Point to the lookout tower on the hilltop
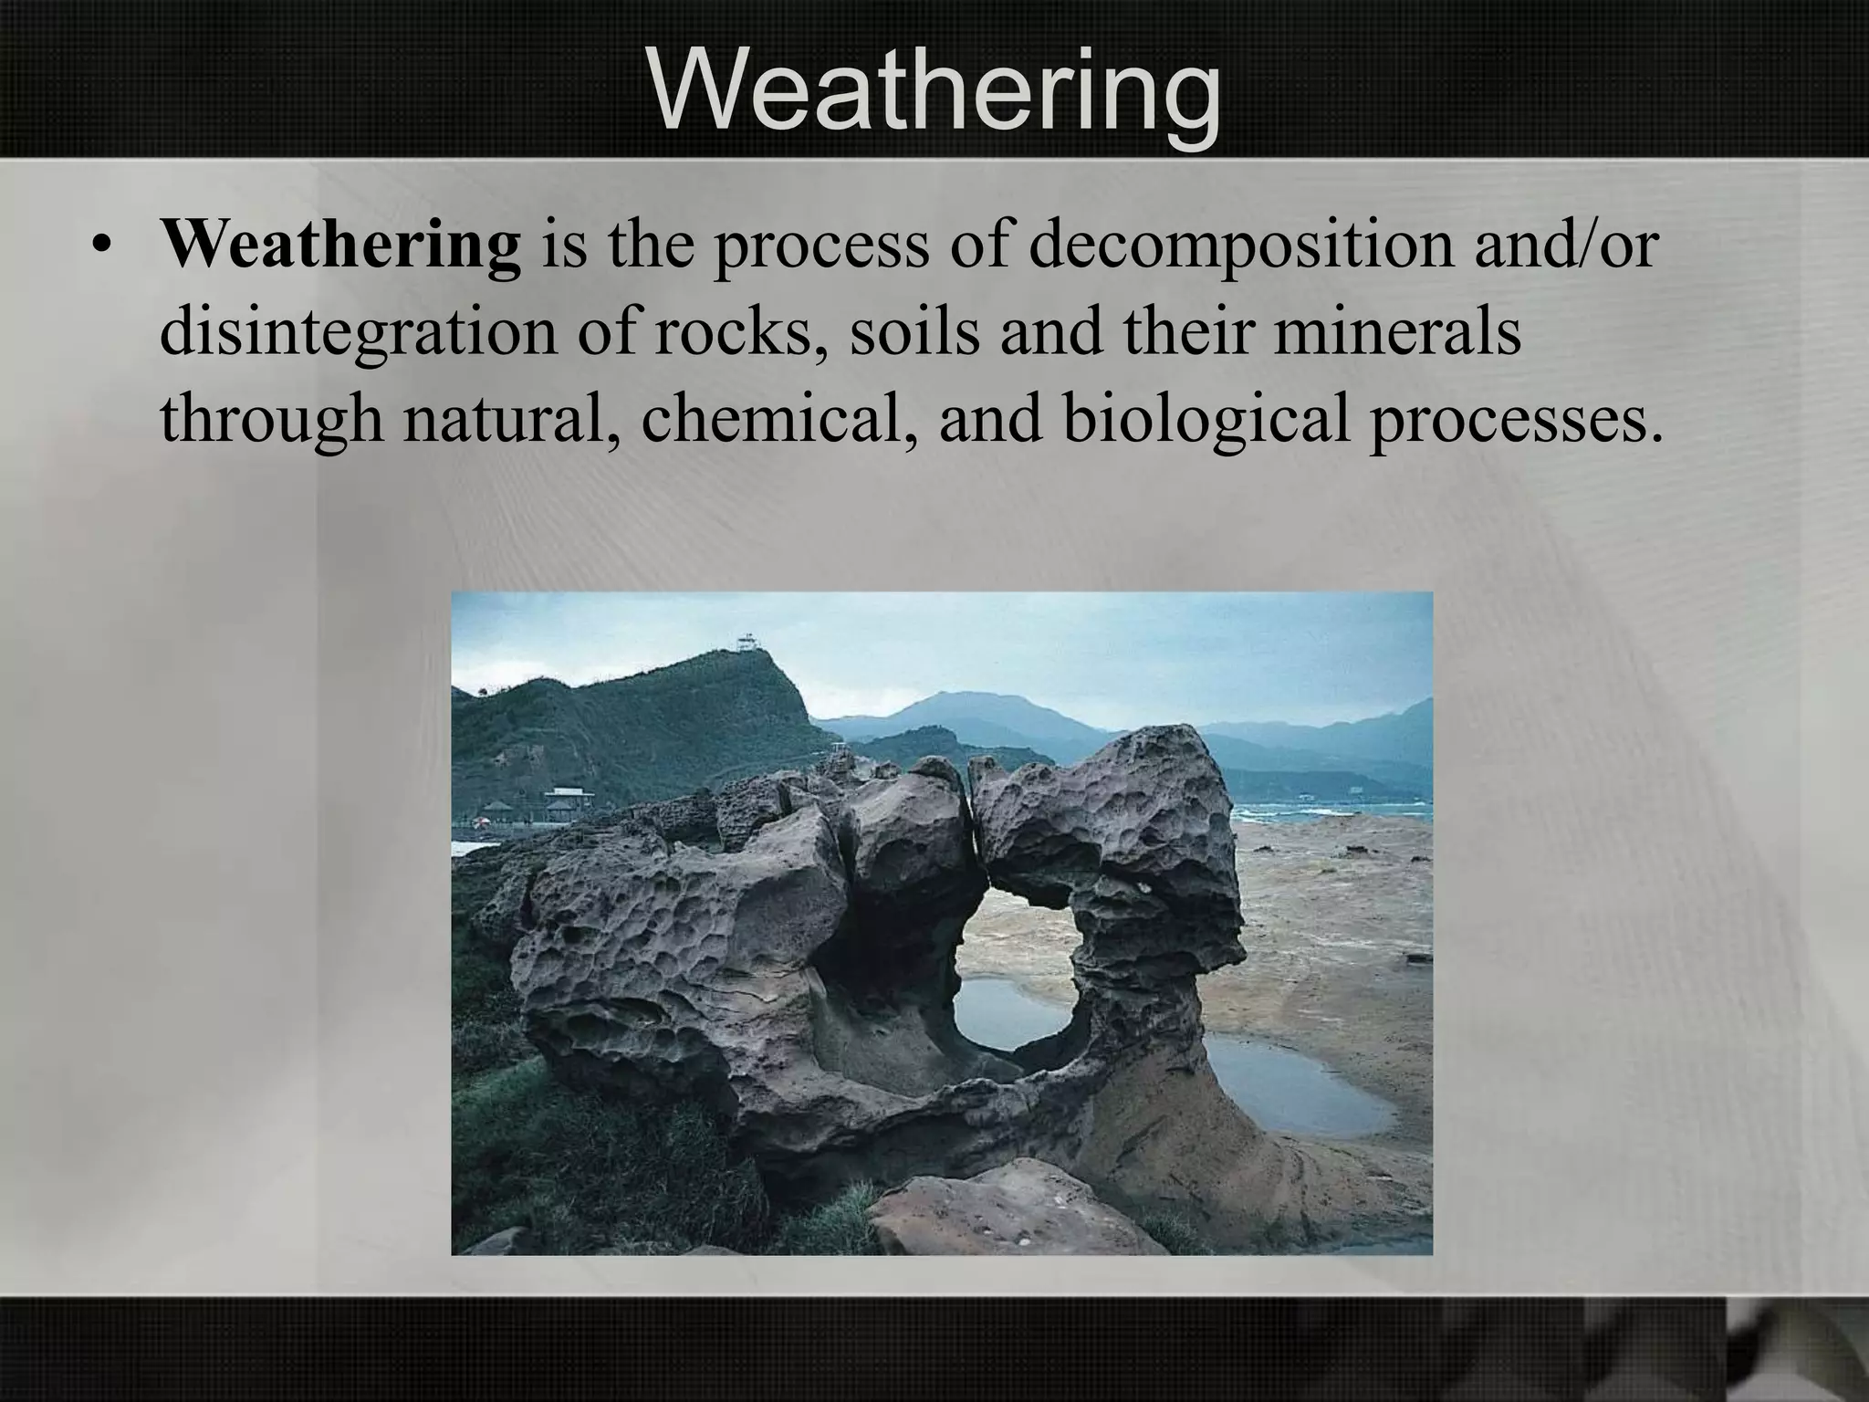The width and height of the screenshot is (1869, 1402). click(x=747, y=643)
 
